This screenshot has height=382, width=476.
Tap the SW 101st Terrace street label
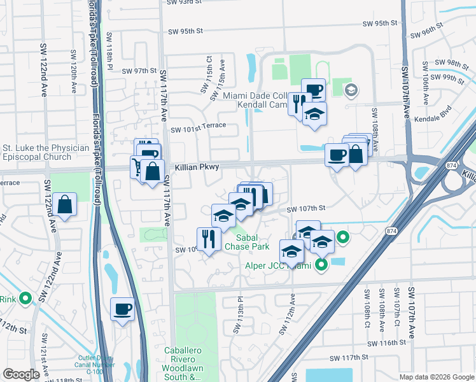[199, 125]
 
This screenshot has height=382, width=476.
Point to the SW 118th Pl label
[109, 46]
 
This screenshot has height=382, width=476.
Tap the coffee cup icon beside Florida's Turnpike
[123, 310]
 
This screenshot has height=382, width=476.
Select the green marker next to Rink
[25, 298]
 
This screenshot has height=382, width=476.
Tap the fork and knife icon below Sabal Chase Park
[209, 239]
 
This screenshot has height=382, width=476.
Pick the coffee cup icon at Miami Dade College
[312, 90]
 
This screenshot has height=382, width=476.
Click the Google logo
[21, 374]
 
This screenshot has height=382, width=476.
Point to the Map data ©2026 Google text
[436, 377]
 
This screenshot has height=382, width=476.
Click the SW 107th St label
[305, 208]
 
